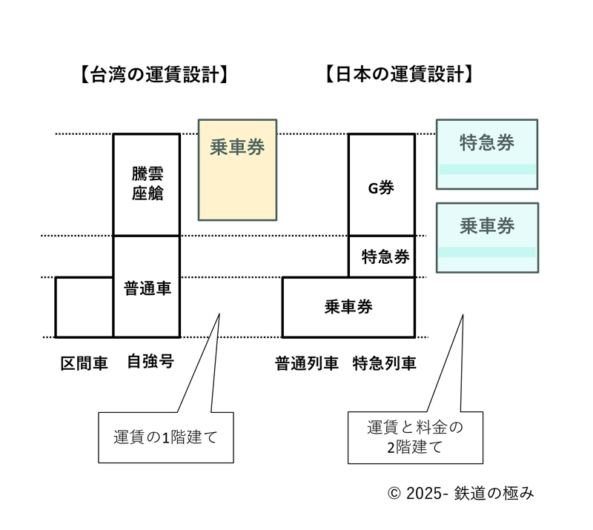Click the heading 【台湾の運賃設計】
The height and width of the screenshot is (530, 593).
pos(152,74)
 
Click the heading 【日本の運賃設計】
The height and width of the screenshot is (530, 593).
pos(400,74)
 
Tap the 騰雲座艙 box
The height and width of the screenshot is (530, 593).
pos(146,184)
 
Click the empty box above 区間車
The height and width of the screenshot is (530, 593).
pos(85,307)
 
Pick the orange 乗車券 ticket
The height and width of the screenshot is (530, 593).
pos(237,170)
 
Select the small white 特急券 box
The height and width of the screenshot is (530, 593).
pos(382,256)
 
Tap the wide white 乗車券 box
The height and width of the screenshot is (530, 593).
pos(348,307)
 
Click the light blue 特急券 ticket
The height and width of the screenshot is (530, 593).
pos(487,153)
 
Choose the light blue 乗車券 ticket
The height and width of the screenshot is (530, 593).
pos(487,236)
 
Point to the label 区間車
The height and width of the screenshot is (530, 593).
pos(84,363)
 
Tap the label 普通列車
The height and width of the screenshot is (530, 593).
pos(307,363)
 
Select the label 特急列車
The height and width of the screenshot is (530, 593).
pos(384,363)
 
